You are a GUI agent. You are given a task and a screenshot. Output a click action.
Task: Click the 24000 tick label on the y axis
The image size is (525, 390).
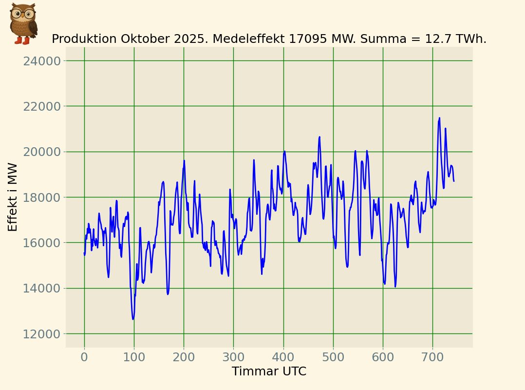(42, 61)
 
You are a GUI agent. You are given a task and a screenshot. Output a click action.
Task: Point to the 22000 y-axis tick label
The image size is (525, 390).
(42, 106)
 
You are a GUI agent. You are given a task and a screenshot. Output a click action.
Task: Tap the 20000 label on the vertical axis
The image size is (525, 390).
(42, 152)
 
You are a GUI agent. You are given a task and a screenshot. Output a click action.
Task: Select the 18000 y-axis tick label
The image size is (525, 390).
(42, 197)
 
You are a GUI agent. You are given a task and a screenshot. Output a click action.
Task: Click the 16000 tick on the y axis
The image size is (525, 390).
(42, 243)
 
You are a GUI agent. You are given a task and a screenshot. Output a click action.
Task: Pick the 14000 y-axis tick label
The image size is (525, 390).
(42, 288)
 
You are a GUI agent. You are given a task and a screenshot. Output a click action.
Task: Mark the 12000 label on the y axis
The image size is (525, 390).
(42, 334)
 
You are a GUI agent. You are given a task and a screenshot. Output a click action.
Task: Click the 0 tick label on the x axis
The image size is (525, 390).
(84, 357)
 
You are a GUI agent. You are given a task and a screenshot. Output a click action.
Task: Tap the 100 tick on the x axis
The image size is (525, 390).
(134, 357)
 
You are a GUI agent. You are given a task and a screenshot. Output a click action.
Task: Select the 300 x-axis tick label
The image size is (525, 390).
(233, 357)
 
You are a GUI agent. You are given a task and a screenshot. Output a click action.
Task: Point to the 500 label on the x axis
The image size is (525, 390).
(333, 357)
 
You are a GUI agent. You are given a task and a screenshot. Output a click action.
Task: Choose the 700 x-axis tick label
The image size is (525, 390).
(432, 357)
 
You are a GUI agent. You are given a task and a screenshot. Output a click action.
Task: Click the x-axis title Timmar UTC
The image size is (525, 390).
(269, 371)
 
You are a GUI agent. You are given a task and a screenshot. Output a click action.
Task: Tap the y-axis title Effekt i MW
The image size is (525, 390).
(13, 197)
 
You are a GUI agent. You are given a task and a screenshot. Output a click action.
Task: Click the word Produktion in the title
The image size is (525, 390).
(83, 39)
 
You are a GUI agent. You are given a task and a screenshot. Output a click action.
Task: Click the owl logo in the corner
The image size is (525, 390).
(23, 23)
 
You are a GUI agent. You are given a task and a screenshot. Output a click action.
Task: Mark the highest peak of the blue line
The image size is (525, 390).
(439, 117)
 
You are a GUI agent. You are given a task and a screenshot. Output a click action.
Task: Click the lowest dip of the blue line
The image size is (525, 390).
(133, 319)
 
